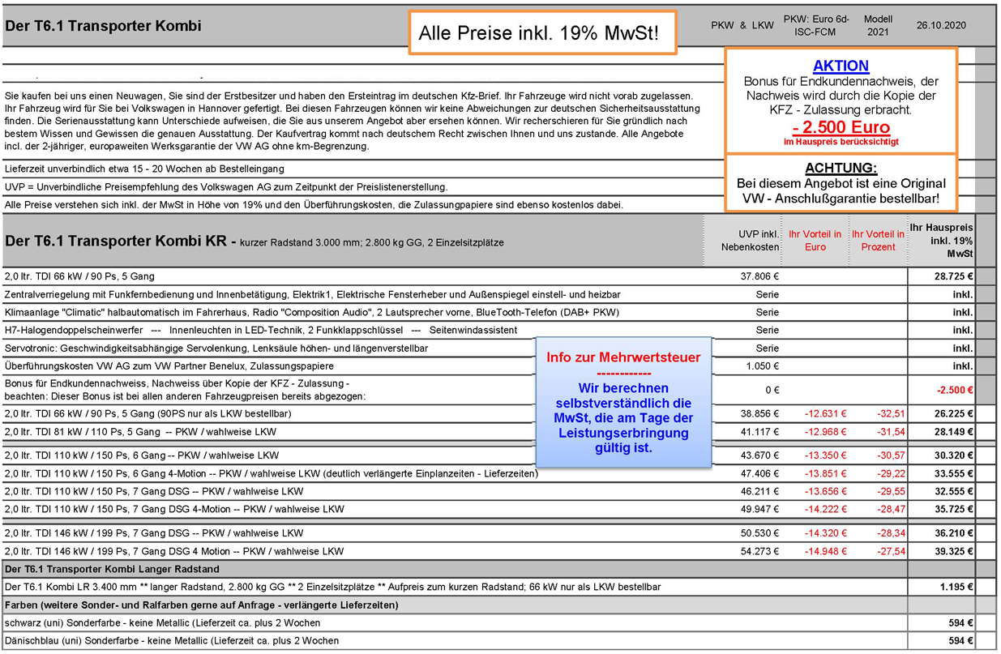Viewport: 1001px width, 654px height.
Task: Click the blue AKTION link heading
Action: [841, 66]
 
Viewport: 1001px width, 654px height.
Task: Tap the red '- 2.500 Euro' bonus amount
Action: [841, 127]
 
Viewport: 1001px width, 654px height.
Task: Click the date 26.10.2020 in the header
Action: [941, 25]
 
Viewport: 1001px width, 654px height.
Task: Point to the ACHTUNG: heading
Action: [841, 168]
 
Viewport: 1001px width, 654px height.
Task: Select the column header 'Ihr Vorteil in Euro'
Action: [815, 241]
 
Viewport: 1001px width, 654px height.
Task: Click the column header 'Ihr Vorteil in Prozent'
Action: [879, 241]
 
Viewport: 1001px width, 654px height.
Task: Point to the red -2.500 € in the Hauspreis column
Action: [954, 390]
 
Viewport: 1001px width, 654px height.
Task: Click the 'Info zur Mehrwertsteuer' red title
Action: [623, 357]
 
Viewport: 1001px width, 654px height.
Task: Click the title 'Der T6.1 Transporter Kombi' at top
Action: [104, 26]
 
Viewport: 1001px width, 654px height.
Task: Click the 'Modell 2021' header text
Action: [878, 25]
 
